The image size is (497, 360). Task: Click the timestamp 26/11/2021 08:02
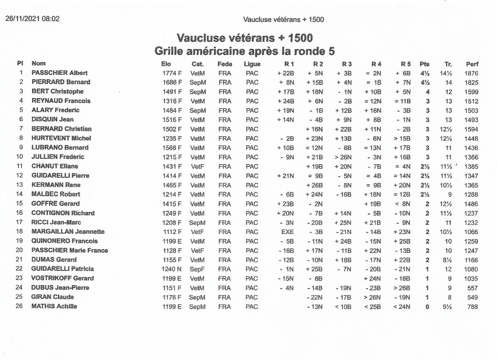[x=32, y=19]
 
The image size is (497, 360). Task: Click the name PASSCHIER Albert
[x=59, y=73]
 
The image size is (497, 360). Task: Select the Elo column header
[x=166, y=64]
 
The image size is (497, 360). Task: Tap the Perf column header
[x=472, y=64]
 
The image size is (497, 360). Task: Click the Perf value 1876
[x=471, y=73]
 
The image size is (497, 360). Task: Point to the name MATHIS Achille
[x=54, y=306]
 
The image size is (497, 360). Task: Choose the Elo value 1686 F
[x=172, y=83]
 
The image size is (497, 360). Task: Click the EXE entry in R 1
[x=287, y=232]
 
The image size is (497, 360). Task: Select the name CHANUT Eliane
[x=55, y=166]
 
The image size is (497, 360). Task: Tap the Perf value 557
[x=472, y=288]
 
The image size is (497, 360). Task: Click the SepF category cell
[x=197, y=269]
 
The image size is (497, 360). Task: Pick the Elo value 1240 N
[x=172, y=269]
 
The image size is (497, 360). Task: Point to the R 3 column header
[x=347, y=64]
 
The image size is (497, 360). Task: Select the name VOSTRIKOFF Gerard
[x=62, y=278]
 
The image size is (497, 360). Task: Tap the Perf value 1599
[x=471, y=92]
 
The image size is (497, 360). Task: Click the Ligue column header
[x=252, y=64]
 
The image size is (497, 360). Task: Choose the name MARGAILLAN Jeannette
[x=68, y=231]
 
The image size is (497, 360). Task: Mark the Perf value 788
[x=472, y=307]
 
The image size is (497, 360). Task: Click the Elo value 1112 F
[x=172, y=232]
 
